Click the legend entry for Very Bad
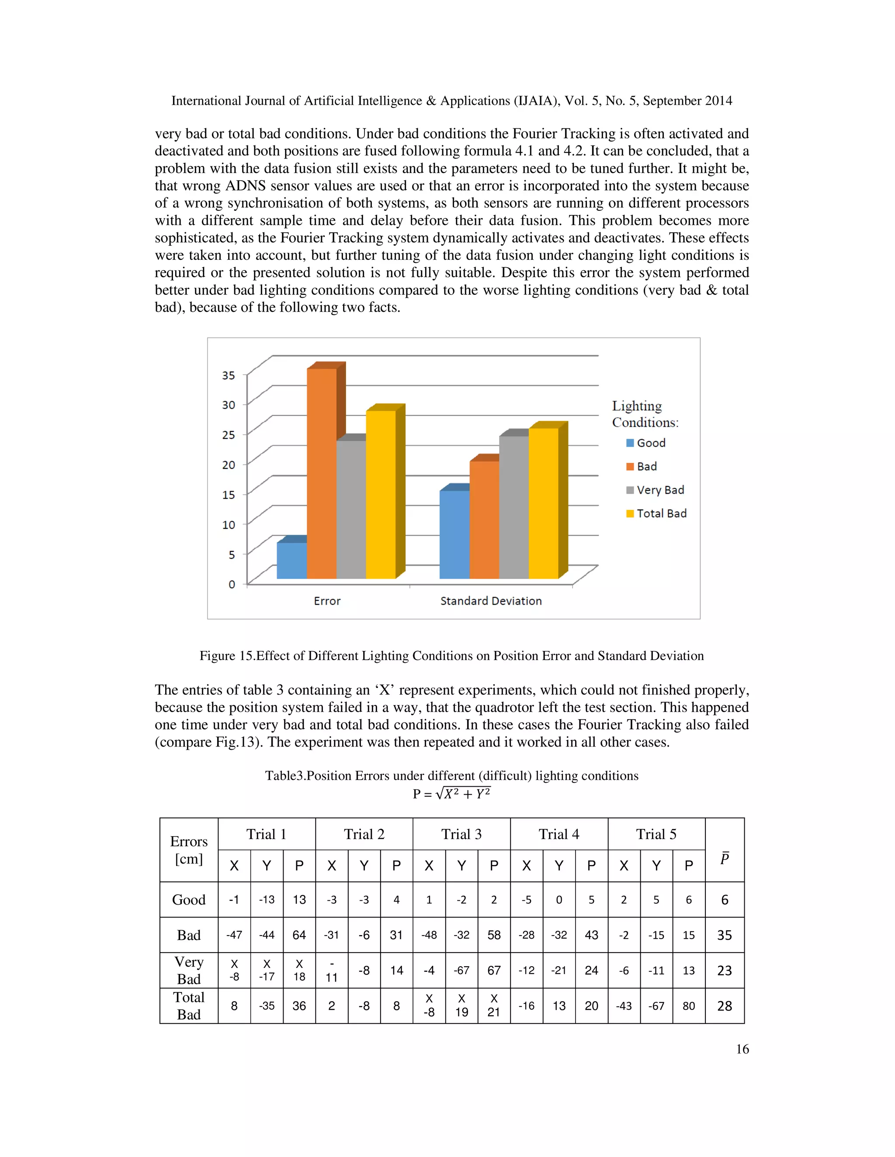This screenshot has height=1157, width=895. point(656,490)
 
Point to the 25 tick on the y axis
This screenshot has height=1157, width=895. point(229,435)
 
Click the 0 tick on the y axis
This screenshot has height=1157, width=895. point(232,584)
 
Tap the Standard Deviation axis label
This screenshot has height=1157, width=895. point(491,601)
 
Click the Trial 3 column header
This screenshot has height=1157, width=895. point(461,834)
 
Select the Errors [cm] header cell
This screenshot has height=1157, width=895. point(189,850)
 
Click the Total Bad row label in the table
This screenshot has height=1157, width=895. point(189,1005)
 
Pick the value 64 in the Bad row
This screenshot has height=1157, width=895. point(299,935)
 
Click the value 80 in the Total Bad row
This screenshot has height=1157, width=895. point(688,1005)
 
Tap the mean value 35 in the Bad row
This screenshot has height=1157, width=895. point(724,935)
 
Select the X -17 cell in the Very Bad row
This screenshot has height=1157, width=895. point(267,970)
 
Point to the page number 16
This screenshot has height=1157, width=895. point(742,1049)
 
